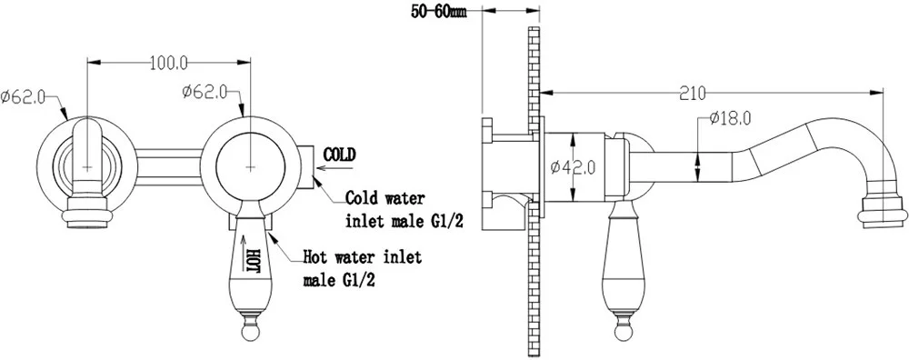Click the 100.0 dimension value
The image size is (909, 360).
169,64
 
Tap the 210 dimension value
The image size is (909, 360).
694,94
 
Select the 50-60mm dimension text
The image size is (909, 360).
439,12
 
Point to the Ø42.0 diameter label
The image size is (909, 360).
572,167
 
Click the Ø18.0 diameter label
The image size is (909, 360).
730,119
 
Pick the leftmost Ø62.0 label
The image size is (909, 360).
23,96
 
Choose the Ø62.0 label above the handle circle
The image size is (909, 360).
204,93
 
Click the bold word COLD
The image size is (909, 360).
338,155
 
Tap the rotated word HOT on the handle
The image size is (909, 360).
253,261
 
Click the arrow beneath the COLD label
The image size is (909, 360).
335,170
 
